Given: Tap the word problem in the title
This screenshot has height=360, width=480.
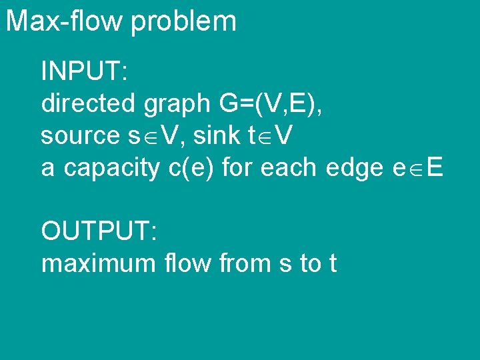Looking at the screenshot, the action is click(x=183, y=22).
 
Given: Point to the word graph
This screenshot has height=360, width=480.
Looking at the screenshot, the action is click(x=175, y=105).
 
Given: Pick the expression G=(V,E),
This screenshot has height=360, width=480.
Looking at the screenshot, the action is click(x=271, y=103).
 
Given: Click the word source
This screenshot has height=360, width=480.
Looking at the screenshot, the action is click(x=79, y=136).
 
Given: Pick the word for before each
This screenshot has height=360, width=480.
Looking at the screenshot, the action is click(x=237, y=167).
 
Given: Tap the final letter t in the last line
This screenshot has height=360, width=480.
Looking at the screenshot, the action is click(x=332, y=264).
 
